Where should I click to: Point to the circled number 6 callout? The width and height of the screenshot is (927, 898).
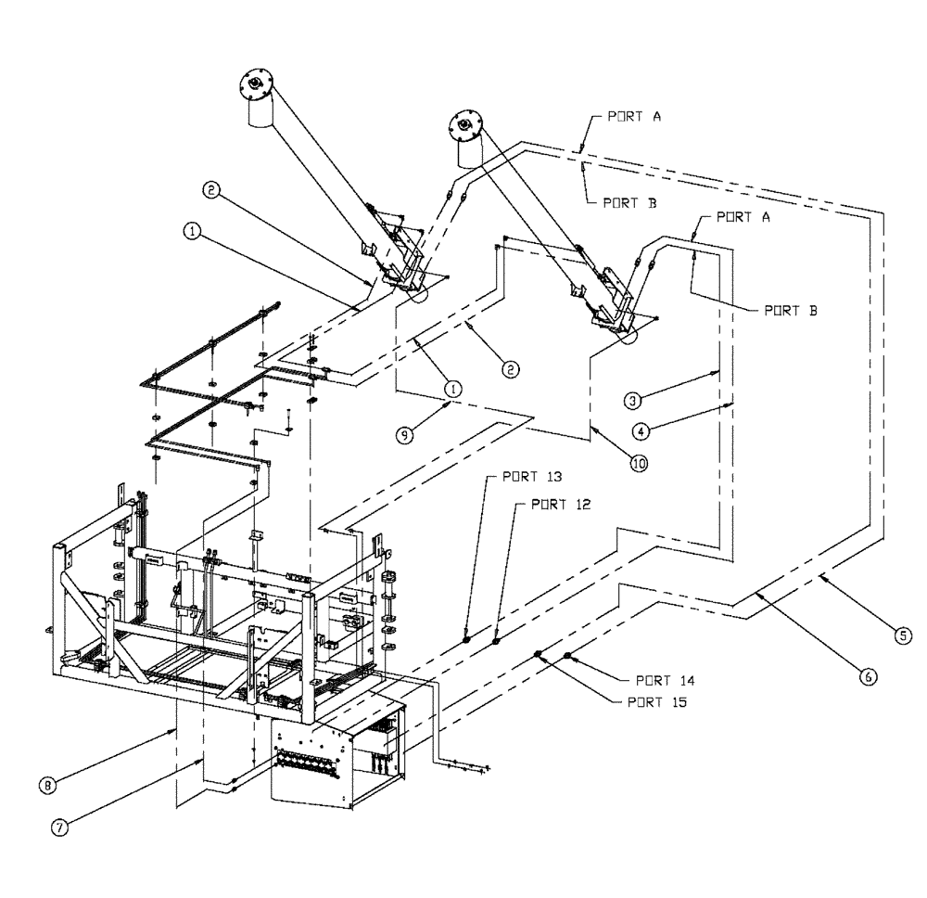click(x=868, y=678)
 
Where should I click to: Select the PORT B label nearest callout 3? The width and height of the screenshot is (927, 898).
click(x=794, y=312)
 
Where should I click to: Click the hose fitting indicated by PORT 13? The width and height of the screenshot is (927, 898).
click(x=467, y=638)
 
